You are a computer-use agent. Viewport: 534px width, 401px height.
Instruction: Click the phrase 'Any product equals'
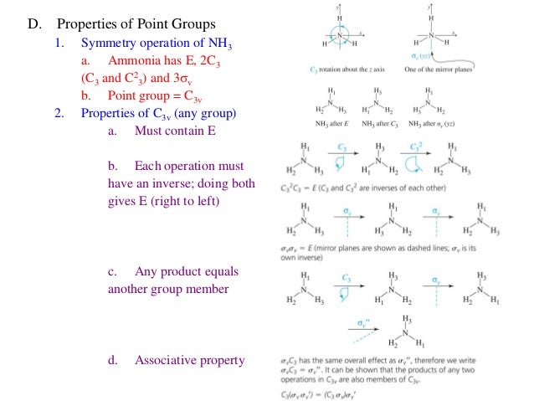point(186,272)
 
